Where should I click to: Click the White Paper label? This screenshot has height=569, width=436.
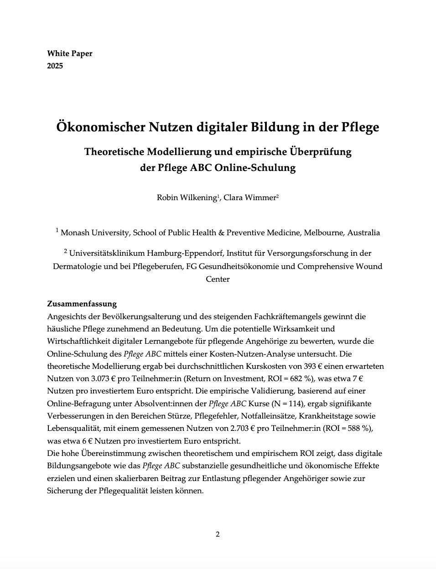coord(69,53)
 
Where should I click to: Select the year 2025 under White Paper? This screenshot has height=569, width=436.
coord(55,66)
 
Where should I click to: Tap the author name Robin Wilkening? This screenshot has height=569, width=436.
coord(186,197)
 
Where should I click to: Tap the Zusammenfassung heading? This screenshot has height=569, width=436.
coord(82,304)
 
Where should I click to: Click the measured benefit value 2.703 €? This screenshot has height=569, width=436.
coord(242,429)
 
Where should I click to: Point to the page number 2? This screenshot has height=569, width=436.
coord(218,534)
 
